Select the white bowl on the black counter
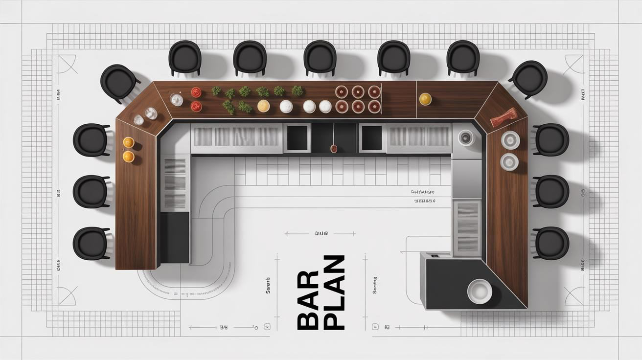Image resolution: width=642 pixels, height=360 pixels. [479, 291]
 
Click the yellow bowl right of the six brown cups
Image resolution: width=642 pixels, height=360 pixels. [425, 99]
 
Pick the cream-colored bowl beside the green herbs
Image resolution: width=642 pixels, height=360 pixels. [264, 106]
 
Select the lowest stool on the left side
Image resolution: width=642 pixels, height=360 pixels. [91, 243]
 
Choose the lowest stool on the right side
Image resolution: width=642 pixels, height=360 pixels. [551, 243]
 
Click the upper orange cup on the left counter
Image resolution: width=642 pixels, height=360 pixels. [128, 142]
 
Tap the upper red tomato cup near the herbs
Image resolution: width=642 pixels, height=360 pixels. [196, 92]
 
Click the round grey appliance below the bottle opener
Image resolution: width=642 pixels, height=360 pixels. [466, 138]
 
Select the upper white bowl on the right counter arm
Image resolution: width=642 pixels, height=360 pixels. [510, 140]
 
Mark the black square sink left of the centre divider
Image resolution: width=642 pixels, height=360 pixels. [297, 138]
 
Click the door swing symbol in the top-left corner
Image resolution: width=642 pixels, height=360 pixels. [67, 64]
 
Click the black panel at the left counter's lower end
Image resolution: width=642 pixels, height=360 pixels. [175, 237]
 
